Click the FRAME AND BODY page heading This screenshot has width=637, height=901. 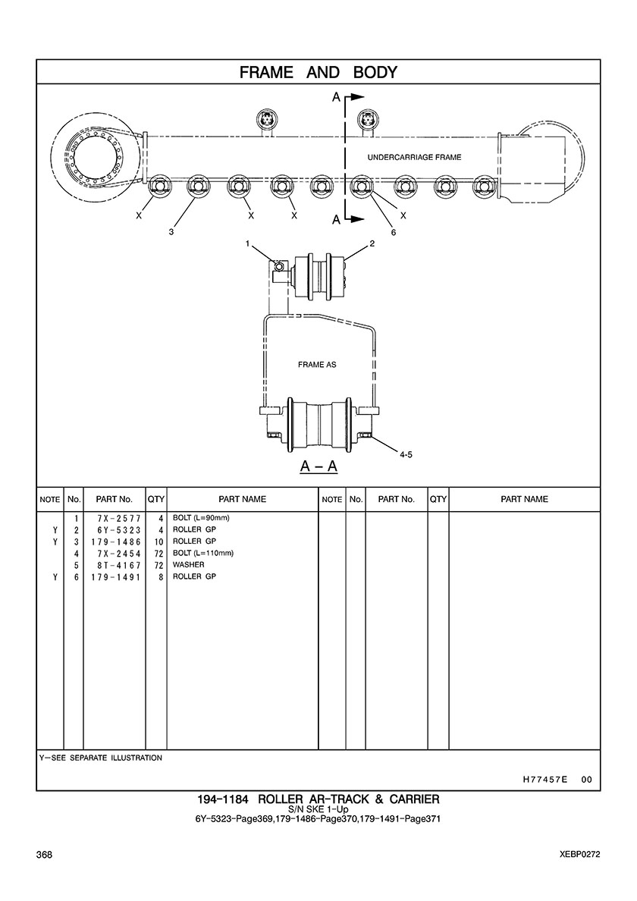[318, 72]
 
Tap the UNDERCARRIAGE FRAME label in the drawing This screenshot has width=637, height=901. [414, 157]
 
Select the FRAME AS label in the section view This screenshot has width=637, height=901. [317, 364]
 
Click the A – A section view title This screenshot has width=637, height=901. [318, 466]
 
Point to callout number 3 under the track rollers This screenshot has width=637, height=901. [171, 232]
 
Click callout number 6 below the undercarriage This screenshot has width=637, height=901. [394, 232]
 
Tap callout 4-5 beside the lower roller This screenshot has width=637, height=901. [406, 454]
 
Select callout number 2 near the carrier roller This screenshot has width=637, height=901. [372, 243]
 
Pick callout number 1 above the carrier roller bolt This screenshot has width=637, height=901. [247, 243]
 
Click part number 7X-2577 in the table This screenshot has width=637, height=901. [119, 518]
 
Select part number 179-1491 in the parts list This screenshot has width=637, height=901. [115, 577]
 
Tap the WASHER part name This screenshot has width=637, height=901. [188, 565]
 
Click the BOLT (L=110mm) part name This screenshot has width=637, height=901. [203, 554]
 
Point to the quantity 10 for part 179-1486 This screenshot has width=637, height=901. [159, 542]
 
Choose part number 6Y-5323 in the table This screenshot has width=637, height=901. [119, 530]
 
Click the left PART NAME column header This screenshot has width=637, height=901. [243, 499]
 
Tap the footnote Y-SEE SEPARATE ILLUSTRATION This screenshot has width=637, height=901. [101, 758]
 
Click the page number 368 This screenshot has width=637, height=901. [44, 855]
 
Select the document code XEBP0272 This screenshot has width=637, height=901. [580, 855]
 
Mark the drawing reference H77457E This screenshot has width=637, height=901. [545, 780]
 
